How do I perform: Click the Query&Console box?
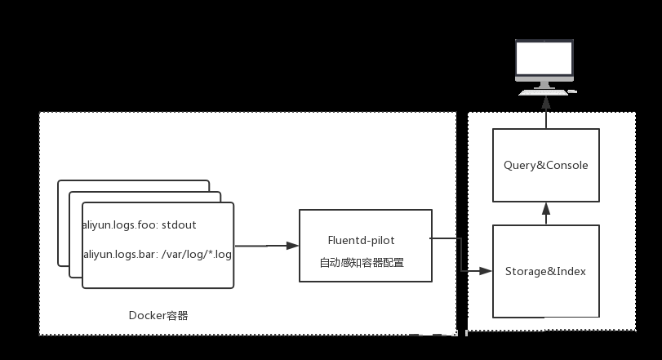point(546,165)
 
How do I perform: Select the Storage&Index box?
point(546,271)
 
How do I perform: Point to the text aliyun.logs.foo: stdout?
point(140,224)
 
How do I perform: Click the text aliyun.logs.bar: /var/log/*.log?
point(158,255)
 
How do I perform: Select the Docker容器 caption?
point(158,315)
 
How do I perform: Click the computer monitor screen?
point(545,59)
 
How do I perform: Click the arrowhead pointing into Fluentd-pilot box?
point(291,245)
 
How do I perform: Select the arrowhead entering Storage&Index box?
point(487,270)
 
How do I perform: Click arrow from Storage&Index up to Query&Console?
point(546,213)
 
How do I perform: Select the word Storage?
point(526,271)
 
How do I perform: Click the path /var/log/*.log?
point(197,255)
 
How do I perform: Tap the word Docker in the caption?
point(147,315)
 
